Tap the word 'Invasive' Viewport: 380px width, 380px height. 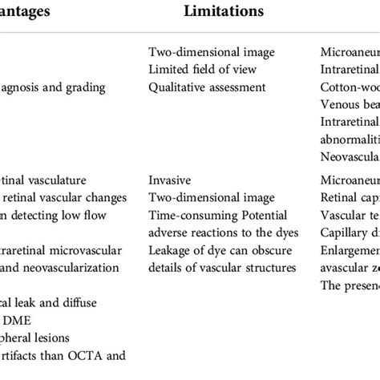(x=172, y=180)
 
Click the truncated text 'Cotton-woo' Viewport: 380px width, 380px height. (x=349, y=87)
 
